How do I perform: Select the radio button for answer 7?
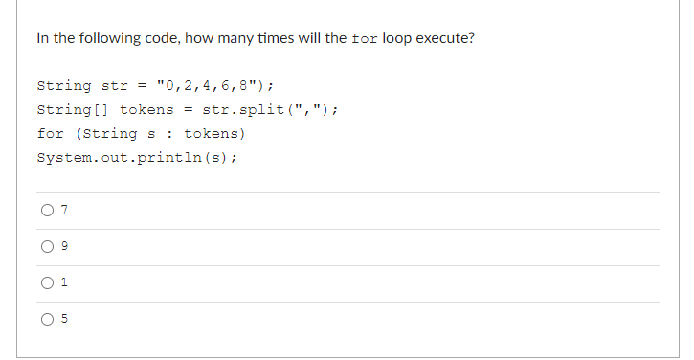[45, 211]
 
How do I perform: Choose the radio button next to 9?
[45, 247]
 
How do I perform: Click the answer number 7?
[64, 211]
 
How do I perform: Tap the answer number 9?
[64, 247]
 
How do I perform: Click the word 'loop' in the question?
[394, 39]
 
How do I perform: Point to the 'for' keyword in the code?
[50, 133]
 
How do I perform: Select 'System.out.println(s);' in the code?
[137, 157]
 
